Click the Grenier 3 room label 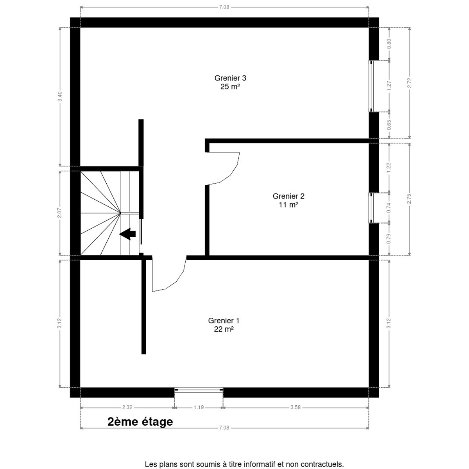coord(230,78)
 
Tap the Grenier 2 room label coord(288,196)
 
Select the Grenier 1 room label coord(224,321)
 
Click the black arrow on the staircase coord(127,234)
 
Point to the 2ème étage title coord(140,422)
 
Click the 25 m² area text coord(230,87)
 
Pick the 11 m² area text coord(288,205)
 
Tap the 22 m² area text coord(224,329)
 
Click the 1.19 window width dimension coord(199,407)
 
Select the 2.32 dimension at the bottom coord(127,407)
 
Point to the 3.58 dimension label coord(295,407)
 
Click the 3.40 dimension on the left coord(60,97)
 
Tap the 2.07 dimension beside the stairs coord(60,213)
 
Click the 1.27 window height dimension coord(389,86)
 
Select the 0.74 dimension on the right coord(389,208)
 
